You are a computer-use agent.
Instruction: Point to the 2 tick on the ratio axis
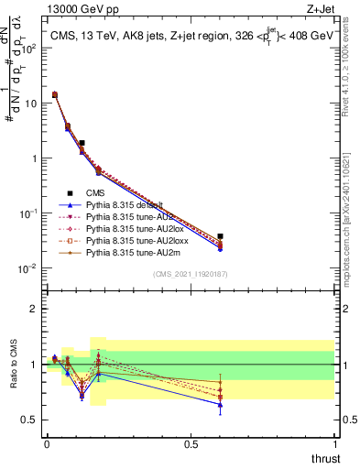pyautogui.click(x=32, y=309)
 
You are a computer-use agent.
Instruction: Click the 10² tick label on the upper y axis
pyautogui.click(x=27, y=49)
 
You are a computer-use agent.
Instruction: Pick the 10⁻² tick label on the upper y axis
pyautogui.click(x=27, y=268)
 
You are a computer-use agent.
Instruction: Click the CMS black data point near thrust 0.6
pyautogui.click(x=220, y=236)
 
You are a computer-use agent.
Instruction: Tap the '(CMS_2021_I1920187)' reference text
pyautogui.click(x=191, y=274)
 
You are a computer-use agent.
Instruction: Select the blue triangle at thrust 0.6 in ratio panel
pyautogui.click(x=220, y=404)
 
